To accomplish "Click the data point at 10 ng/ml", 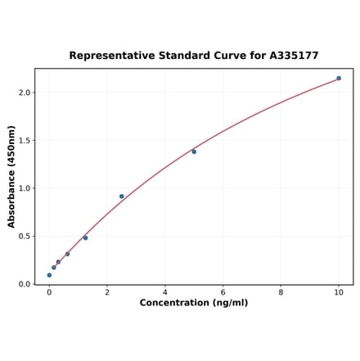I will (339, 79).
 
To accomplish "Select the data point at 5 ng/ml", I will (194, 151).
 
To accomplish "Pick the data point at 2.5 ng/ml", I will (122, 196).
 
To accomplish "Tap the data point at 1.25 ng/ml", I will (85, 237).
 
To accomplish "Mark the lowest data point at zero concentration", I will (49, 275).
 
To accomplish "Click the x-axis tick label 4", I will (165, 292).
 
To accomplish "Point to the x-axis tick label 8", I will (281, 292).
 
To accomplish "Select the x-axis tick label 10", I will (339, 292).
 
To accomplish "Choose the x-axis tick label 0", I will (49, 292).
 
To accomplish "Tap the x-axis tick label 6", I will (223, 292).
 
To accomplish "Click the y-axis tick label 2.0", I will (25, 93).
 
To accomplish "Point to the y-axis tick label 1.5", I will (25, 141).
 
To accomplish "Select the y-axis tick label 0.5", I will (25, 237).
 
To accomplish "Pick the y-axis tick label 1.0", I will (25, 188).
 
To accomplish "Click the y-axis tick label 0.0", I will (25, 284).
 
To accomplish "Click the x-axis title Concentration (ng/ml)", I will (194, 303).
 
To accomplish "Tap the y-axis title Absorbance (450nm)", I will (11, 176).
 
